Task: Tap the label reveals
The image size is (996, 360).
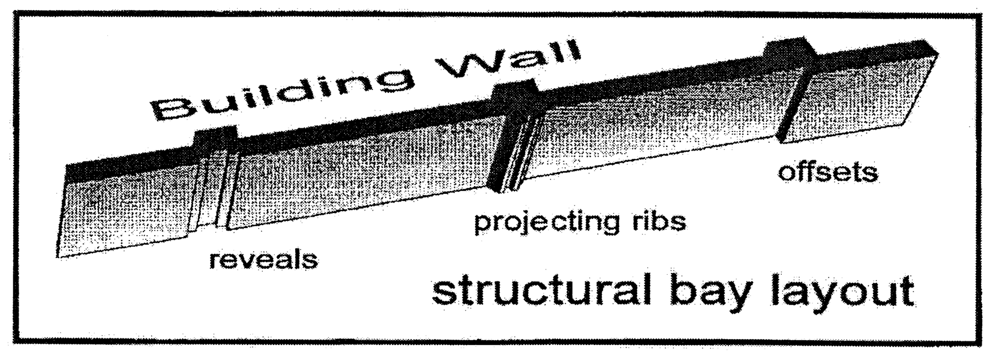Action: (263, 260)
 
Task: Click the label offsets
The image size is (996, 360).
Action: (827, 172)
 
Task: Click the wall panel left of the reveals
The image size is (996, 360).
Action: (126, 210)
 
